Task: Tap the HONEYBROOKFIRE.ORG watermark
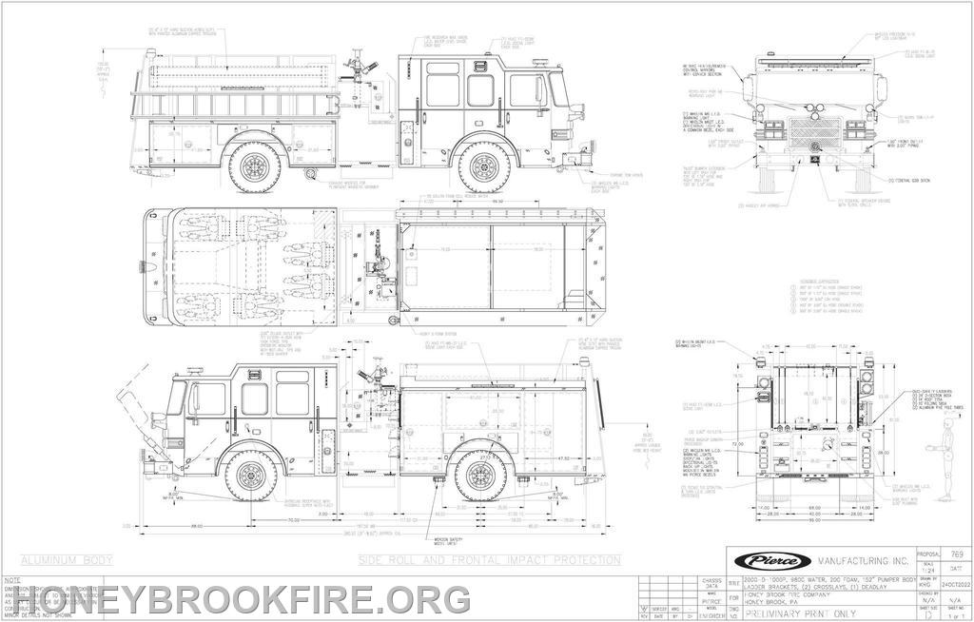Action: (x=238, y=599)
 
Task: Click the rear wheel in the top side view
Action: (x=256, y=165)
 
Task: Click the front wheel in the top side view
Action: (x=485, y=165)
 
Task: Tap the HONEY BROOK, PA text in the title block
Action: (x=775, y=600)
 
